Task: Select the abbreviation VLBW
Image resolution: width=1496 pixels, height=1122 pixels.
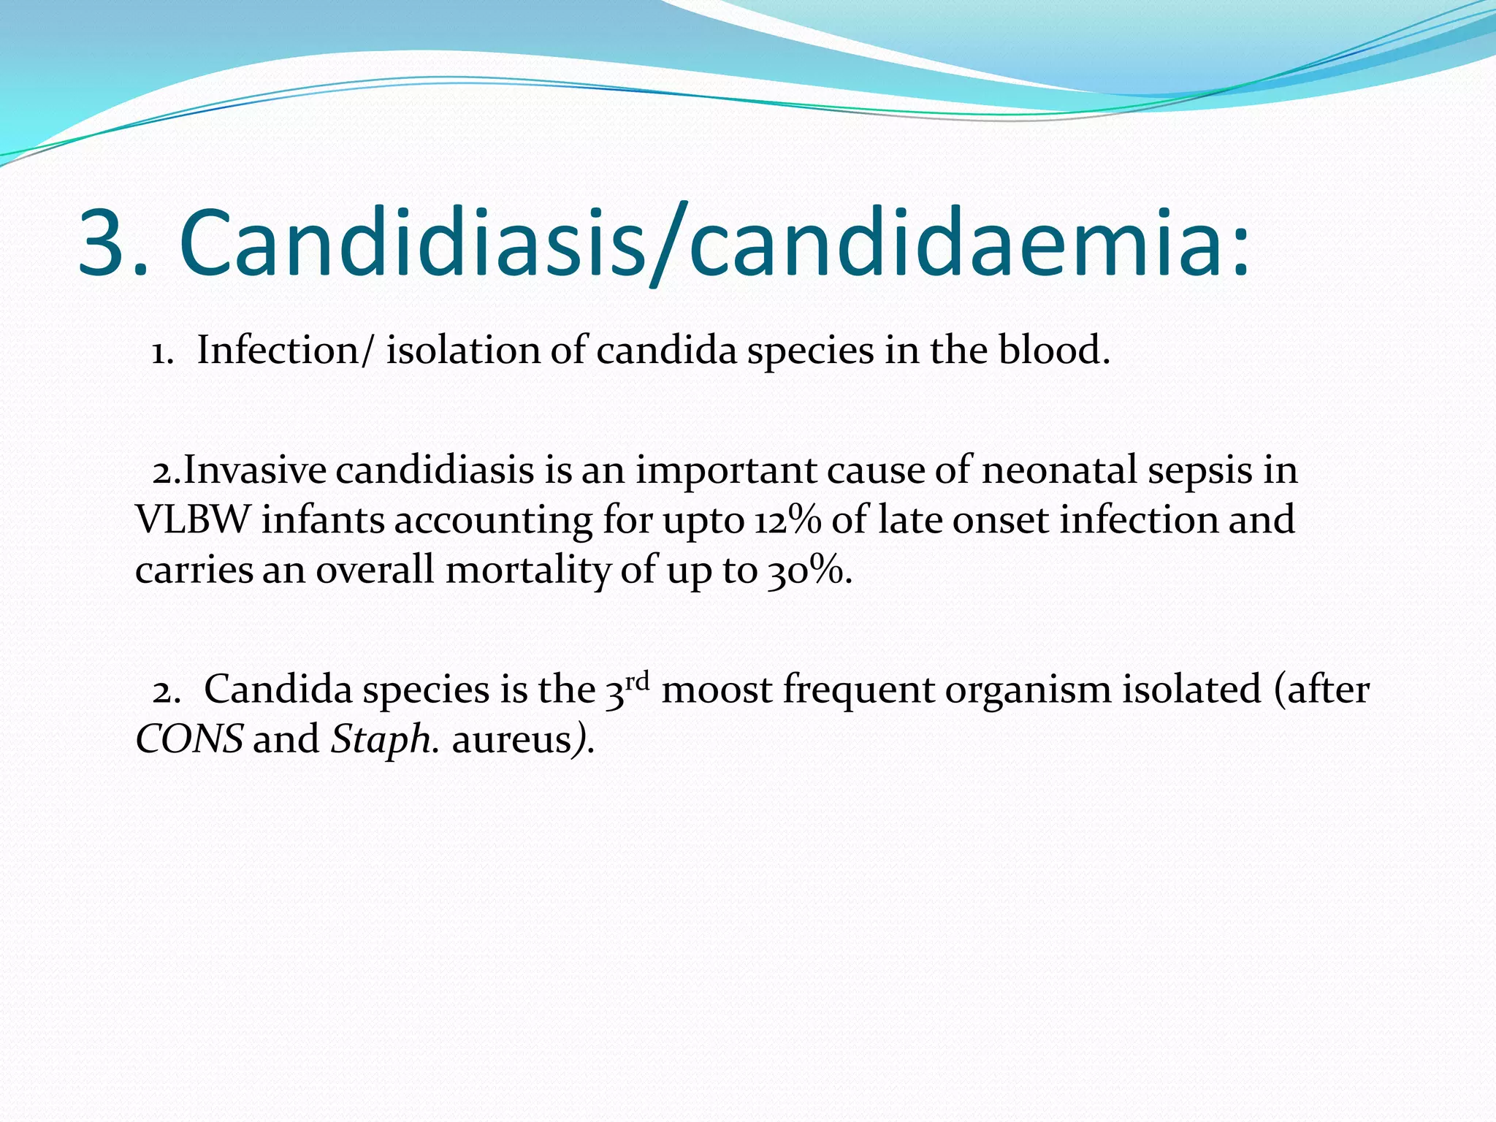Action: coord(192,520)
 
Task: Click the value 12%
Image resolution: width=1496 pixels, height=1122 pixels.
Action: coord(787,520)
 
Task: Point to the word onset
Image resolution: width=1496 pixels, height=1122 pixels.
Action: coord(1001,520)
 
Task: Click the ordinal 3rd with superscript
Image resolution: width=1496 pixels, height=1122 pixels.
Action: coord(627,688)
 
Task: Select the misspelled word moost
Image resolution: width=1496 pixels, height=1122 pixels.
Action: coord(716,689)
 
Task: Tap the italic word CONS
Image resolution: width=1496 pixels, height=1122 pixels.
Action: coord(189,739)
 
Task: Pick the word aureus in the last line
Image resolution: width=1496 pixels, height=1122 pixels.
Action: coord(511,739)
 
